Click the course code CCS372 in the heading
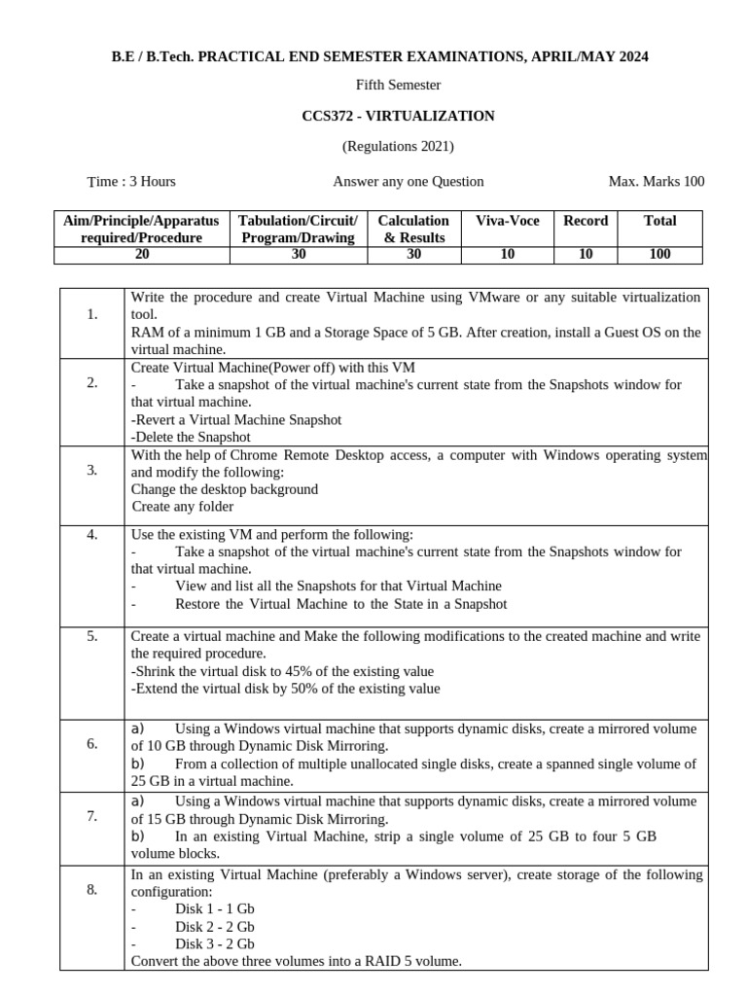pyautogui.click(x=328, y=117)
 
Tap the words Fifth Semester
pyautogui.click(x=398, y=86)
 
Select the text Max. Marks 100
pyautogui.click(x=656, y=182)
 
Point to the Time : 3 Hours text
pyautogui.click(x=132, y=182)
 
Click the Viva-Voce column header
pyautogui.click(x=507, y=221)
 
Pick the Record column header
pyautogui.click(x=586, y=221)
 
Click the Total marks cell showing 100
pyautogui.click(x=659, y=255)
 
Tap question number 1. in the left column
pyautogui.click(x=92, y=314)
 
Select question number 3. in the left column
pyautogui.click(x=92, y=470)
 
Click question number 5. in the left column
pyautogui.click(x=92, y=636)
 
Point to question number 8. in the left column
pyautogui.click(x=92, y=889)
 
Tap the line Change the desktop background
pyautogui.click(x=225, y=489)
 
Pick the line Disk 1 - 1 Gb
pyautogui.click(x=214, y=908)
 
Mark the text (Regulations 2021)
pyautogui.click(x=398, y=148)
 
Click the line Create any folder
pyautogui.click(x=183, y=507)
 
